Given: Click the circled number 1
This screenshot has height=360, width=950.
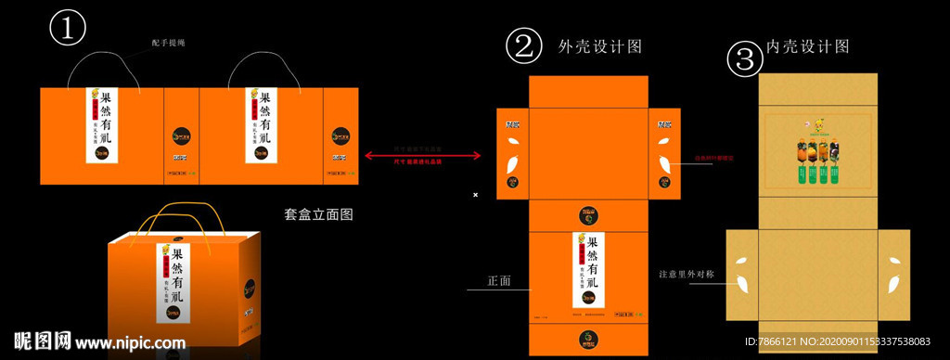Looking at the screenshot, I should (x=67, y=28).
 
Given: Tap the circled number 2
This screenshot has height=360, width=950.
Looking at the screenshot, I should (x=523, y=47).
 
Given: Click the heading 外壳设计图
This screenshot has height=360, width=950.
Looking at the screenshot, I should (x=600, y=45).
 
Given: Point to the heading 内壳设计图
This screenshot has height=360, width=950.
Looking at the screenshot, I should (x=808, y=46).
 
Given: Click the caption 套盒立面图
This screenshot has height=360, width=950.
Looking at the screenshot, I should (x=318, y=214).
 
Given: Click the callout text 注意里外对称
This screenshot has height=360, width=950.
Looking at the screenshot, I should (x=686, y=274).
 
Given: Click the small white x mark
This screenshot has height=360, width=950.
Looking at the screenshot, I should (x=475, y=195).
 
